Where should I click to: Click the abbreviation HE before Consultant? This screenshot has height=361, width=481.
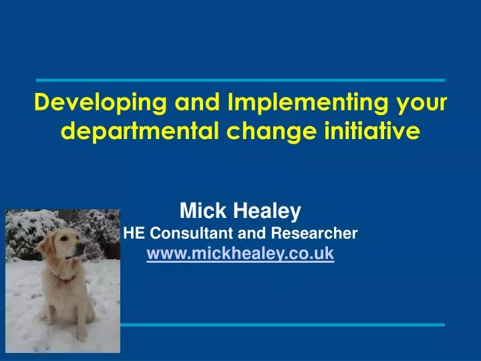[x=134, y=233]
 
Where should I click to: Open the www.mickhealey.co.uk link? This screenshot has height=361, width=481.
[x=240, y=254]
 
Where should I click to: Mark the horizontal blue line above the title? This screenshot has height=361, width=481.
[x=240, y=80]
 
